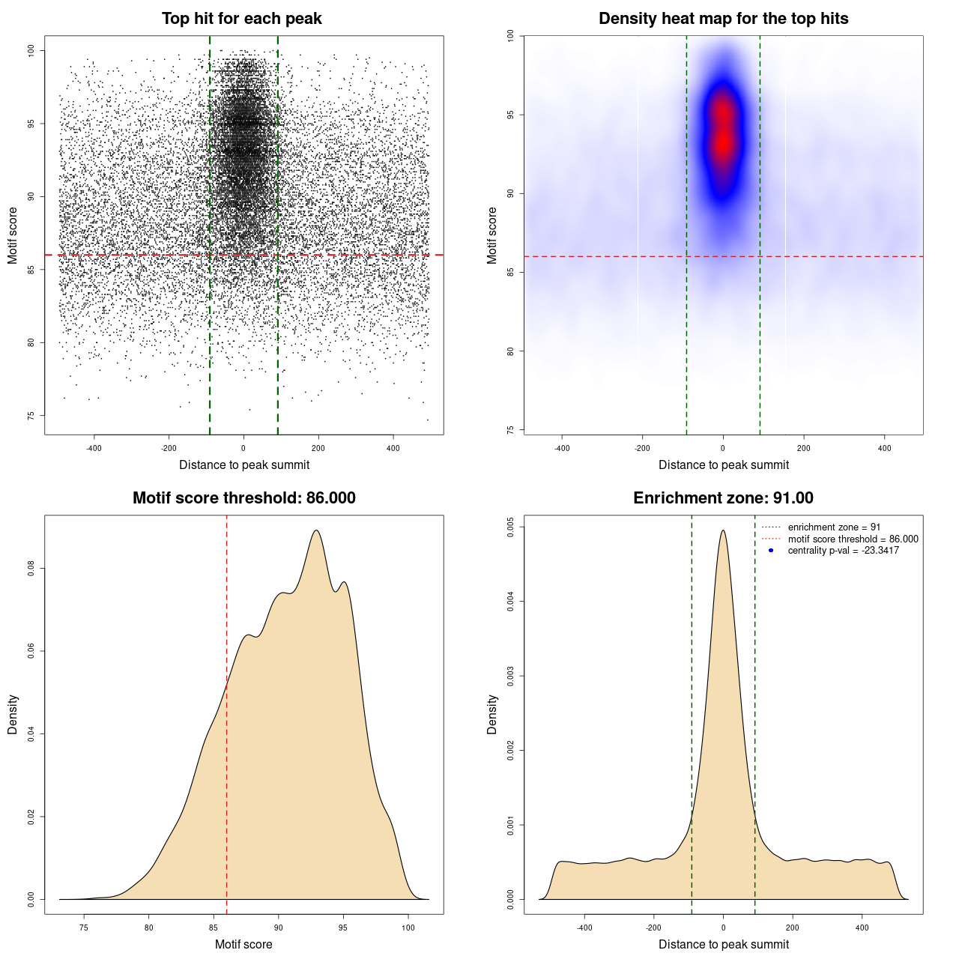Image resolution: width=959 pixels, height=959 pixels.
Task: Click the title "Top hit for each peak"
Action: pyautogui.click(x=241, y=19)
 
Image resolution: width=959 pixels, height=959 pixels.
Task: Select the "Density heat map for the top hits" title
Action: pyautogui.click(x=723, y=19)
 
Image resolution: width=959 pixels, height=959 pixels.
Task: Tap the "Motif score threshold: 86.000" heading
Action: pyautogui.click(x=243, y=498)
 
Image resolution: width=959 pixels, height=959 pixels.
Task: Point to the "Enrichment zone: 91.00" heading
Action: pyautogui.click(x=723, y=498)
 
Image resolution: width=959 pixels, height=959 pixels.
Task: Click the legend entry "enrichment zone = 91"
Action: pyautogui.click(x=834, y=527)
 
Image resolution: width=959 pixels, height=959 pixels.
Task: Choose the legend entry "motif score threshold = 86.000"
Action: pyautogui.click(x=853, y=539)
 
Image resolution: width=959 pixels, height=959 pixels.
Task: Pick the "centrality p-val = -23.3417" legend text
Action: pyautogui.click(x=843, y=551)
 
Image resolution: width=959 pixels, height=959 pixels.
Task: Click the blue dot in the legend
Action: pyautogui.click(x=771, y=551)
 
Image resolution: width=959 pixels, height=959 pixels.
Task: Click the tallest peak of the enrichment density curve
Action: pyautogui.click(x=723, y=531)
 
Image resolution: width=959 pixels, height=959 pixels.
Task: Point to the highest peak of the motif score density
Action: pyautogui.click(x=317, y=531)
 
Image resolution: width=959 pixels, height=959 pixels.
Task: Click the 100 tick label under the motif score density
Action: pyautogui.click(x=408, y=928)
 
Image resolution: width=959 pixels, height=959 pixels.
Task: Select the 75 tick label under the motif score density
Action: pyautogui.click(x=84, y=928)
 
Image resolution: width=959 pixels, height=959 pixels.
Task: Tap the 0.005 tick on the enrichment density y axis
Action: pyautogui.click(x=510, y=527)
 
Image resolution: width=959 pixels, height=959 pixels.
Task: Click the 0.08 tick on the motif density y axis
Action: pyautogui.click(x=31, y=569)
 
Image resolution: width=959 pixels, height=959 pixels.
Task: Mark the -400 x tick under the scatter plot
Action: pyautogui.click(x=94, y=449)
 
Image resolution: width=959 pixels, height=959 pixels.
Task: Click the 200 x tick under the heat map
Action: pyautogui.click(x=803, y=449)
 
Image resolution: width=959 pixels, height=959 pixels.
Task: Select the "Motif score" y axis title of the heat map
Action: pyautogui.click(x=492, y=235)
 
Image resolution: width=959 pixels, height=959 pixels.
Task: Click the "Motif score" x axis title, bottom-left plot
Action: pyautogui.click(x=243, y=944)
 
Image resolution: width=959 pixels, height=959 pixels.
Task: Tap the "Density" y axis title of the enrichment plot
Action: pyautogui.click(x=492, y=714)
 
